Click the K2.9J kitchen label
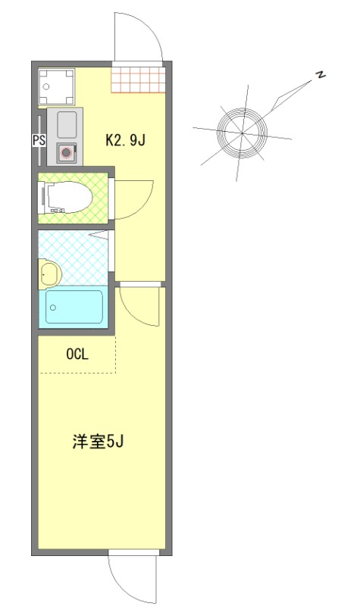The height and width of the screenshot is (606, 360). pyautogui.click(x=124, y=140)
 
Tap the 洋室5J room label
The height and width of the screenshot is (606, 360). pyautogui.click(x=99, y=442)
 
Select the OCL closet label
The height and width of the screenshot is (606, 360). pyautogui.click(x=77, y=354)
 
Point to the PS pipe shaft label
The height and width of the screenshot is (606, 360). pyautogui.click(x=38, y=140)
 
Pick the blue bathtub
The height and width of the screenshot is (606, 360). pyautogui.click(x=74, y=307)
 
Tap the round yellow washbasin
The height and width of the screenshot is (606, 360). pyautogui.click(x=50, y=273)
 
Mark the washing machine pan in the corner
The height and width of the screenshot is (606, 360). pyautogui.click(x=58, y=87)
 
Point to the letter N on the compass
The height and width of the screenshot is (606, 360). pyautogui.click(x=321, y=74)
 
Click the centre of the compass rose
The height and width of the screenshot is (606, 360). pyautogui.click(x=242, y=133)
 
